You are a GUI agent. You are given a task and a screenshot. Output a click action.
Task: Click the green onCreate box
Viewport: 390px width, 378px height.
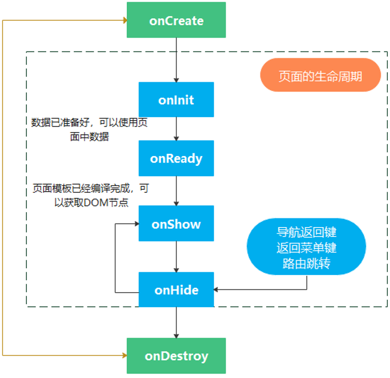176,21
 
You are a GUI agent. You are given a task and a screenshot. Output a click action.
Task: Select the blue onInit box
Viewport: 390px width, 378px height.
176,100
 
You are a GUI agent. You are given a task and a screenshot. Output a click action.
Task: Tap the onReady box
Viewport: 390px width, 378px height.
176,158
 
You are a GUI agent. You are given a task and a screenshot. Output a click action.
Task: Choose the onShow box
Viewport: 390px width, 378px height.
176,224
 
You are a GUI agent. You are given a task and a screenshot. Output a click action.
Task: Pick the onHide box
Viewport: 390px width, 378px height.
176,290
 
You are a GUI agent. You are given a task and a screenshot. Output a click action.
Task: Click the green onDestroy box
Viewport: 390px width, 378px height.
176,356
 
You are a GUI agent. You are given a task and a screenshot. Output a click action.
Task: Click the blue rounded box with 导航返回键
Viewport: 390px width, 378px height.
306,247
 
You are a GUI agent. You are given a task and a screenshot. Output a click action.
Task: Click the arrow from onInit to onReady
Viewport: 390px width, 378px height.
176,129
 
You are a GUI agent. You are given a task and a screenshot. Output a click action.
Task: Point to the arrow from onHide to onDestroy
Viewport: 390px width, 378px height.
176,323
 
